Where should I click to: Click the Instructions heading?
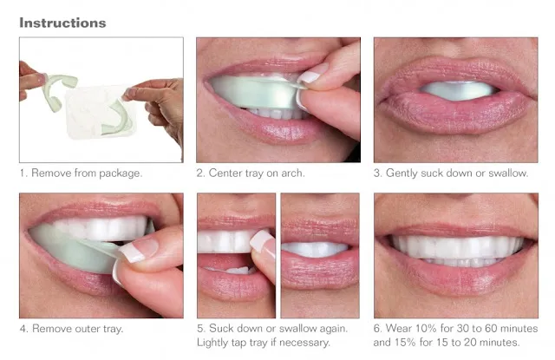[62, 22]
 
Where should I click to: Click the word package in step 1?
[119, 173]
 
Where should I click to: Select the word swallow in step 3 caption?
[506, 173]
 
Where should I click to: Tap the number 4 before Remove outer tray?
[23, 329]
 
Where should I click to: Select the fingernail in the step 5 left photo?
[261, 241]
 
